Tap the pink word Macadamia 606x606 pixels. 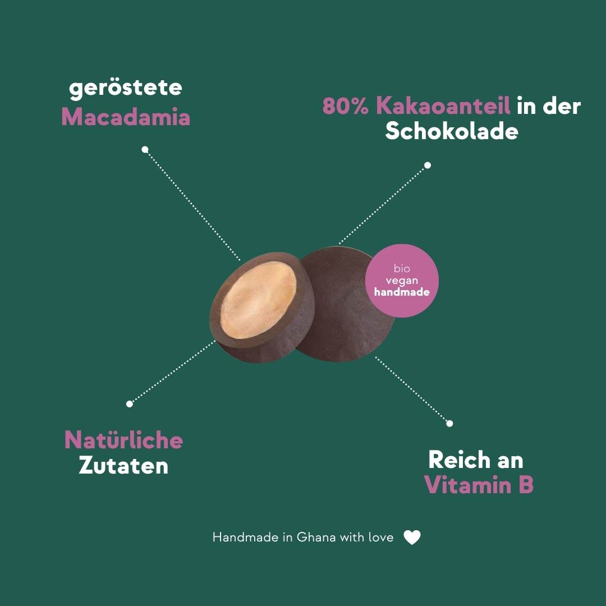126,116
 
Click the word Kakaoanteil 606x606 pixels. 443,105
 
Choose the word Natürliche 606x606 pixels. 123,440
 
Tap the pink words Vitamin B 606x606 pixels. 479,485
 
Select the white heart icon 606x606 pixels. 412,537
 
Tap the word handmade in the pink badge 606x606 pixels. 402,292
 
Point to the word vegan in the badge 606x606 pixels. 402,281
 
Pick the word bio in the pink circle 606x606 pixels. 402,268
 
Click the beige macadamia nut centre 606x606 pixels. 259,300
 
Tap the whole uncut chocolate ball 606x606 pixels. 344,304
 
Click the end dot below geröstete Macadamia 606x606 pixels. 145,149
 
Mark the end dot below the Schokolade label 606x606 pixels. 428,166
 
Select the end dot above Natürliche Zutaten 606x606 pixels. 130,404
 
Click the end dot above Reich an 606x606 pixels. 449,424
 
